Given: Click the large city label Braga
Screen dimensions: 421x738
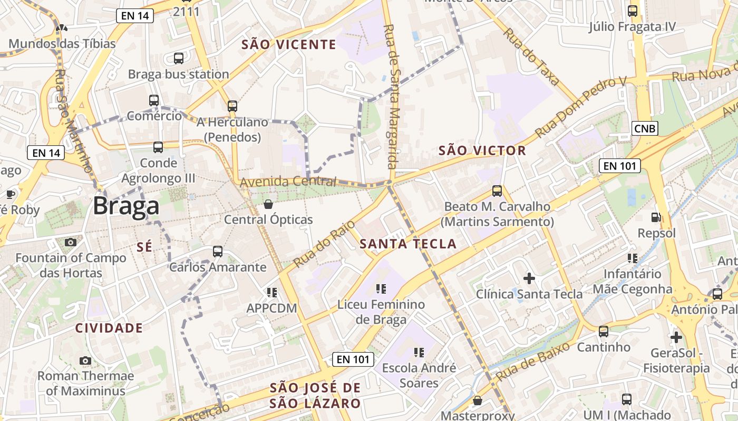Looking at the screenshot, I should pos(126,206).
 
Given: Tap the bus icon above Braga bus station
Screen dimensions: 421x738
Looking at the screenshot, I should pos(179,58).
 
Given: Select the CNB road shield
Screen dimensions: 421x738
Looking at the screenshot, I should pos(645,128).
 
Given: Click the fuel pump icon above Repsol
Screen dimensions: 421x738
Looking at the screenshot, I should pos(656,217).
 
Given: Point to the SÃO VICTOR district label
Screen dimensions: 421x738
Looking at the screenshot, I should pos(482,151).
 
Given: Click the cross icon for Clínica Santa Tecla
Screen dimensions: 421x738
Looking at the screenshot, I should pos(529,278).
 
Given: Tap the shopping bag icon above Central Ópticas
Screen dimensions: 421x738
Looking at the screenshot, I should pos(268,204).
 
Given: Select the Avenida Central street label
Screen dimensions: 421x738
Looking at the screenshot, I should pos(288,182).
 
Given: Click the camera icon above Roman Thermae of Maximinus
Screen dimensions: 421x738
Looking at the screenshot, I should pos(85,360).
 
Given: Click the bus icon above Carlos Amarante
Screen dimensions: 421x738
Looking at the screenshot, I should pos(218,252).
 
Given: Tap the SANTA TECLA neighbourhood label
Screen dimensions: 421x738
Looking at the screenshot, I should pos(408,244).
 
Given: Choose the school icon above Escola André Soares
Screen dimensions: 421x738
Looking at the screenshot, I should pos(419,352).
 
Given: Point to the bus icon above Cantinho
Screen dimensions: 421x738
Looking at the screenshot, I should pos(604,332).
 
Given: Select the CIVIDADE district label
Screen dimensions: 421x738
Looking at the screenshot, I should pos(109,328).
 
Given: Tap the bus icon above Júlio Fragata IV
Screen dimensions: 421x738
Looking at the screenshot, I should pos(633,11).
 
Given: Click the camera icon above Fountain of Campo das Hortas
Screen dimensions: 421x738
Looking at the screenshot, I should pos(71,242).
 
